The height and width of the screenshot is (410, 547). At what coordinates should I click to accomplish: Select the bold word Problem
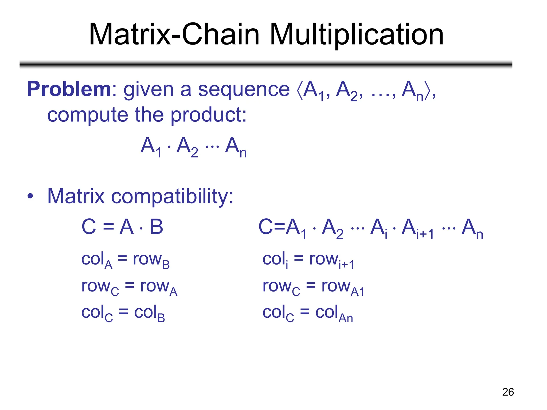(69, 89)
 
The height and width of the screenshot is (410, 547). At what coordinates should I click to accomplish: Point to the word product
(208, 115)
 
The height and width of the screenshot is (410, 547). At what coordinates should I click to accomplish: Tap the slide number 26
(508, 392)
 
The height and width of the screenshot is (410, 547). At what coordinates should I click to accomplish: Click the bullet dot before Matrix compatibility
(30, 196)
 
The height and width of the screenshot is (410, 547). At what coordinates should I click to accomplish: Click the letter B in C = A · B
(157, 227)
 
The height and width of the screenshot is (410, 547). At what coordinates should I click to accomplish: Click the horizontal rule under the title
(266, 64)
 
